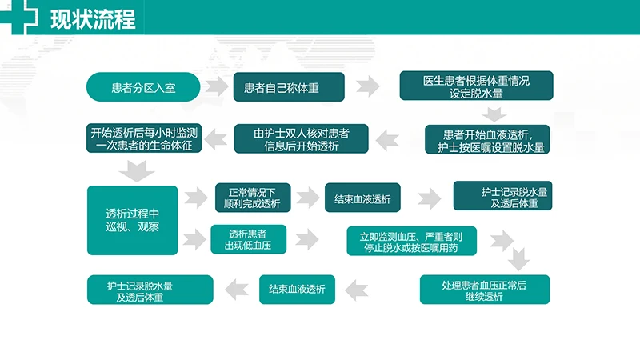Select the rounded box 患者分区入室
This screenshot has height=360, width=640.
(x=143, y=87)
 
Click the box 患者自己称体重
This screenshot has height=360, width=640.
(x=289, y=87)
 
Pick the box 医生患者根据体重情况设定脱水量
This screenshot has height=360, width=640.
(x=476, y=86)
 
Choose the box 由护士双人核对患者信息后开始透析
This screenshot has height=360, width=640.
(x=302, y=139)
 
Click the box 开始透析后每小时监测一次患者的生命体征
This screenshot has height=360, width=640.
(x=145, y=138)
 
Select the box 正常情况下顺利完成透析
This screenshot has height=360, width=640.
(x=254, y=198)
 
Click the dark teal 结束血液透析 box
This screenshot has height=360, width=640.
(x=362, y=198)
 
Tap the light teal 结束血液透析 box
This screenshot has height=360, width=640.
(x=297, y=290)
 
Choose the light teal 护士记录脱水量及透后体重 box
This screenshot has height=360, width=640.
(x=150, y=290)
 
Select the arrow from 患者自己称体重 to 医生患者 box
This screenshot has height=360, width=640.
(x=367, y=86)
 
